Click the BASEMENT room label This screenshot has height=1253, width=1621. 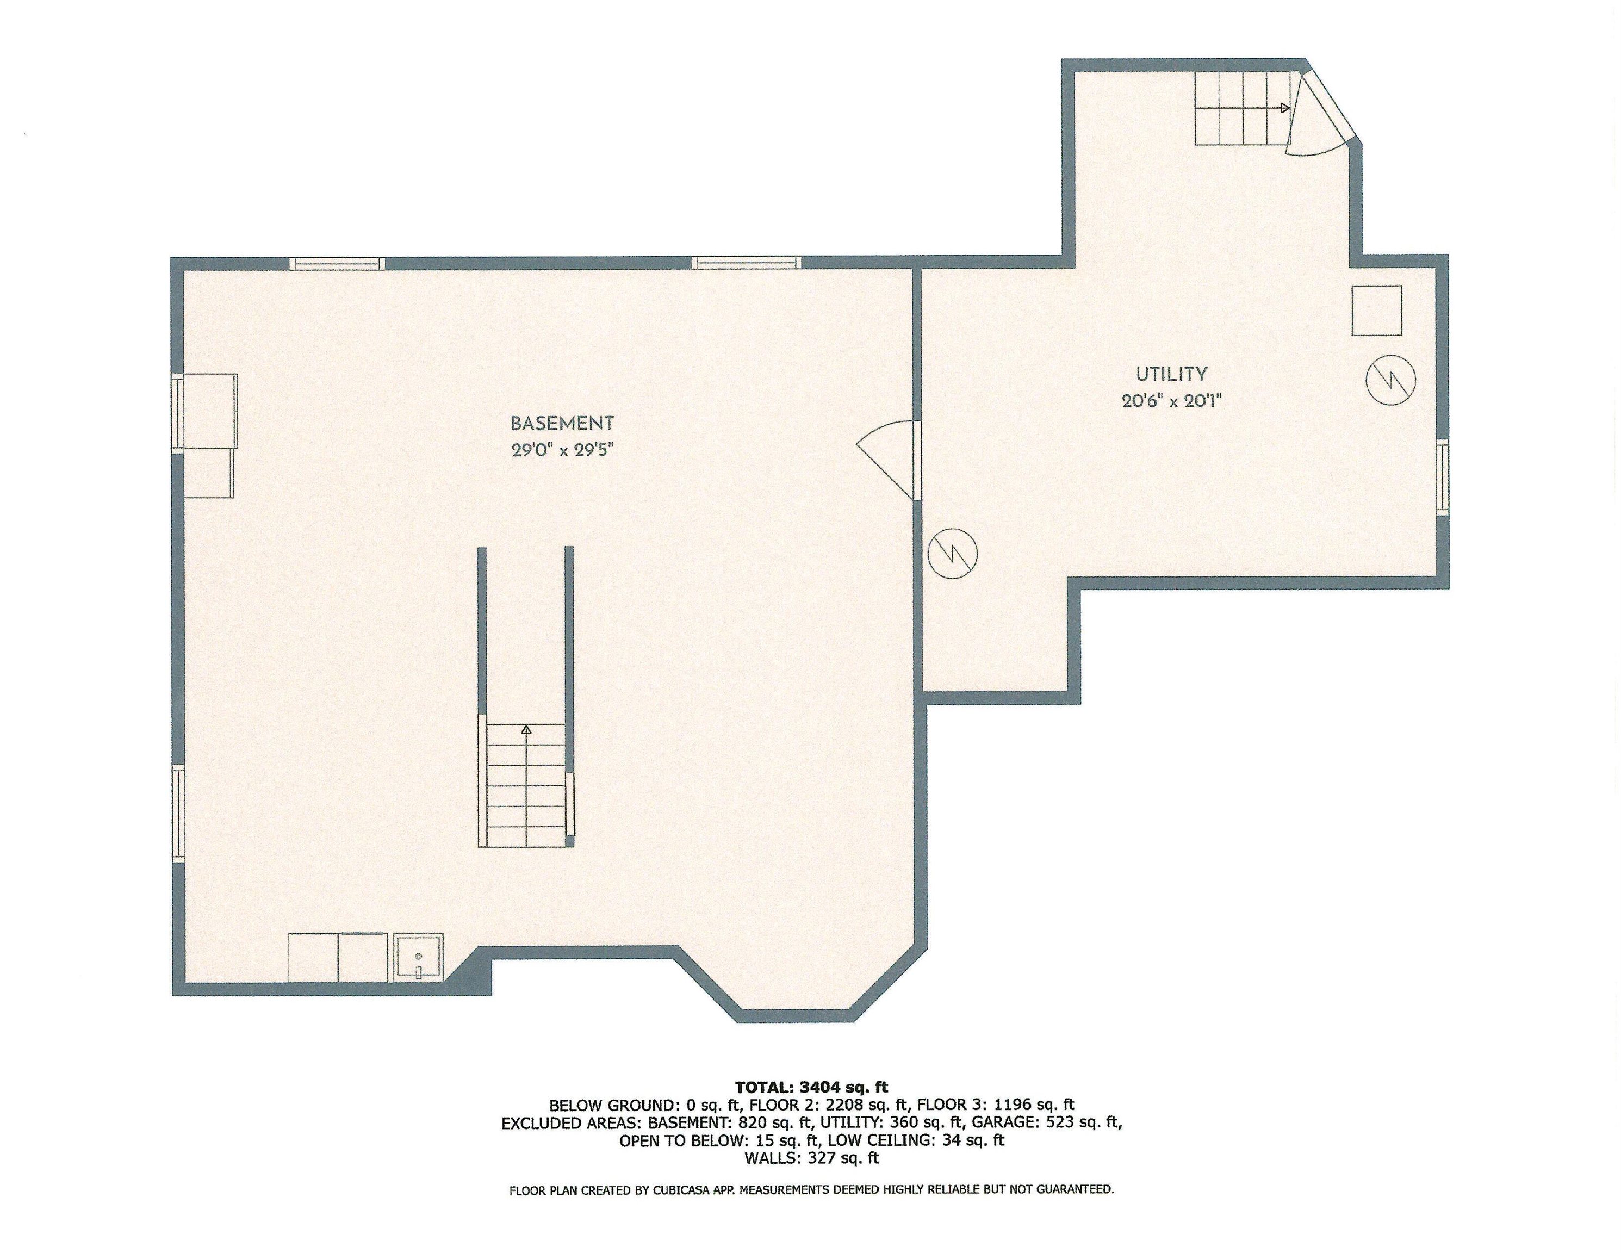(562, 424)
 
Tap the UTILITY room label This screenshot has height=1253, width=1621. (1171, 374)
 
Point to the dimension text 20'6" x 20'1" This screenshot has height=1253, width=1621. (1171, 401)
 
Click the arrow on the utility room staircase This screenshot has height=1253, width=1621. (1243, 108)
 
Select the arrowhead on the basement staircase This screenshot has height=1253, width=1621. (526, 730)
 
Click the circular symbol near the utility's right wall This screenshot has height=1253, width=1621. (1390, 381)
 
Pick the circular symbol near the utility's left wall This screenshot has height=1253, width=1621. (953, 553)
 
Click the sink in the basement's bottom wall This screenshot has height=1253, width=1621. (419, 958)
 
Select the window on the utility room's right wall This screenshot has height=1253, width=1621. (1442, 476)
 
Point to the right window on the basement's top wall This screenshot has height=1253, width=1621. (747, 262)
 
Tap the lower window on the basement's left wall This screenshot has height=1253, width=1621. (178, 814)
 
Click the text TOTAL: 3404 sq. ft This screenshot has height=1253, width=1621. (811, 1088)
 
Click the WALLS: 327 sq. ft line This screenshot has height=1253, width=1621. (811, 1158)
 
